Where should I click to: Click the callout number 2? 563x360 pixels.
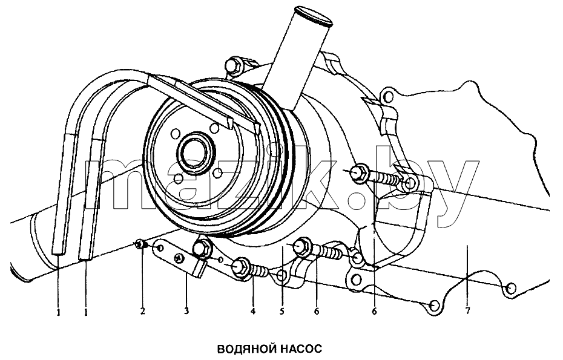(x=142, y=311)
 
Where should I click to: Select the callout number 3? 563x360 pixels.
(x=186, y=311)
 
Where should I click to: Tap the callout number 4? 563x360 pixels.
(x=253, y=311)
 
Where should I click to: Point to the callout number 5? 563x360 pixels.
(x=282, y=311)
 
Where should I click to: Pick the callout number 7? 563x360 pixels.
(x=467, y=311)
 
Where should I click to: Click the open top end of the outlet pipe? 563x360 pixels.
(x=312, y=16)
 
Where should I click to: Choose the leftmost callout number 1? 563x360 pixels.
(x=58, y=313)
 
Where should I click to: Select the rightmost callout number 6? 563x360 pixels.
(x=375, y=311)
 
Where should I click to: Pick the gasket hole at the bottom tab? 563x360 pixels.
(x=435, y=306)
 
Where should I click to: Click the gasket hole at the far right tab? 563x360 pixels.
(x=512, y=288)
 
